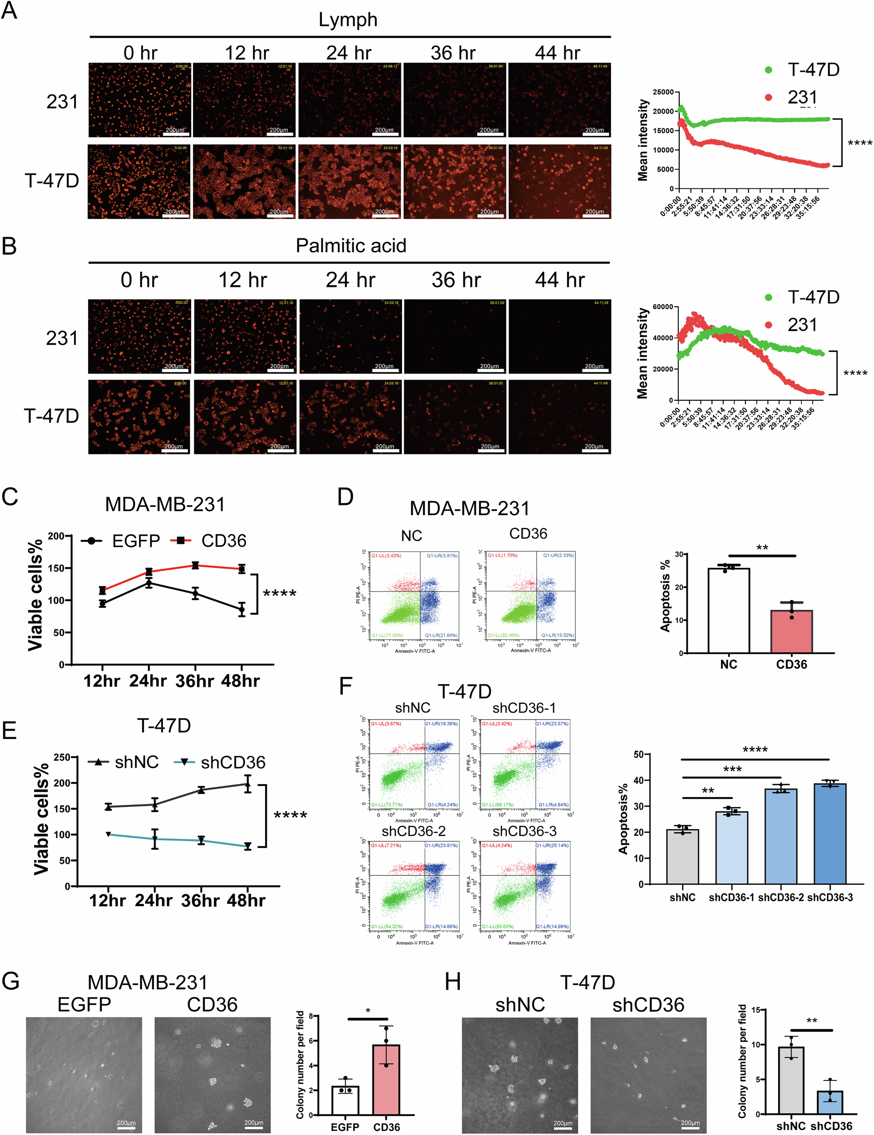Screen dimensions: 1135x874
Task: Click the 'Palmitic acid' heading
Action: (x=351, y=246)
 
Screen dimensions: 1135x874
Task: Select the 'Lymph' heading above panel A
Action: (x=348, y=20)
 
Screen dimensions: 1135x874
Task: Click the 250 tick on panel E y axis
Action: (x=61, y=757)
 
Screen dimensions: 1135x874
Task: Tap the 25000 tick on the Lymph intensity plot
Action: (x=663, y=92)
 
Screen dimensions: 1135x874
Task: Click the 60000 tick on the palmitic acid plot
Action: (x=663, y=307)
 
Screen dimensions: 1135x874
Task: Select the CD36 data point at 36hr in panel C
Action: (x=195, y=565)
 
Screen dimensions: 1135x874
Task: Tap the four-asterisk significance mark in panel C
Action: (x=280, y=593)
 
